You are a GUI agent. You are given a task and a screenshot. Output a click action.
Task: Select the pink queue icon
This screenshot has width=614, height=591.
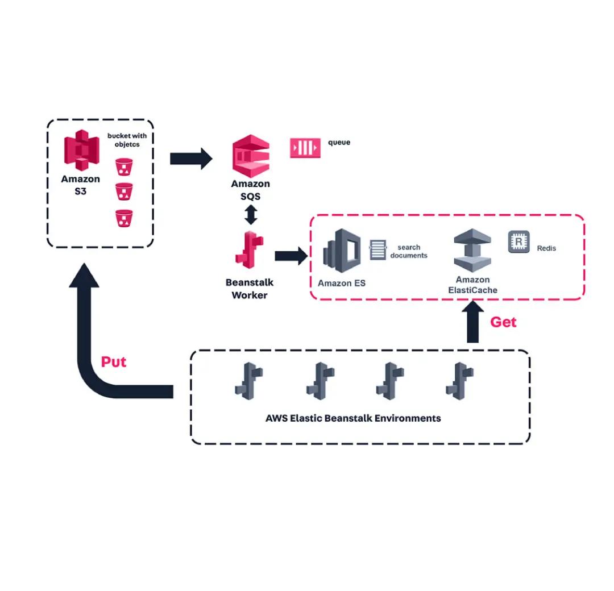point(305,148)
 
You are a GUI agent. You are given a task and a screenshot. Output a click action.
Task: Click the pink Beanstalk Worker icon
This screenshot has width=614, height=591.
point(250,249)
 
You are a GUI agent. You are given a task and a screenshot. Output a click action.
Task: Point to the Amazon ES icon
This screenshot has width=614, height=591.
point(341,252)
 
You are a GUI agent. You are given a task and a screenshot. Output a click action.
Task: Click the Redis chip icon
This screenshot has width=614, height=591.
point(518,242)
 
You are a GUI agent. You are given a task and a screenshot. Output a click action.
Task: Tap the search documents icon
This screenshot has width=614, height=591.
point(377,250)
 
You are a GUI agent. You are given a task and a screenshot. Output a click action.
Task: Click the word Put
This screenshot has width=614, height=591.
point(114,362)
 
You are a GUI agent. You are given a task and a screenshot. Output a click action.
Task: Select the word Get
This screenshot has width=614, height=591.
point(503,322)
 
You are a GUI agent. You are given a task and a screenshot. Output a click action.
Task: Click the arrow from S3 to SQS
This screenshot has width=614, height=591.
point(190,158)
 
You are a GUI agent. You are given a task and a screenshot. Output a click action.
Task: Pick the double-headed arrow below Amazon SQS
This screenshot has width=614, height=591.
point(251,214)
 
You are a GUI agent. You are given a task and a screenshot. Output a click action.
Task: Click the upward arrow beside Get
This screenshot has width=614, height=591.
point(472,323)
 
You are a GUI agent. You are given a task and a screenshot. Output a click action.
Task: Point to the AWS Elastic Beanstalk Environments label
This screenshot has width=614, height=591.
point(353,418)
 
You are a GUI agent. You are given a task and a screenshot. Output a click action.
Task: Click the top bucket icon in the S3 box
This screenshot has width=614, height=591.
point(123,167)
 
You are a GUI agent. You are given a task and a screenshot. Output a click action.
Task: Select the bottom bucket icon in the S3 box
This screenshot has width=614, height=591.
point(123,218)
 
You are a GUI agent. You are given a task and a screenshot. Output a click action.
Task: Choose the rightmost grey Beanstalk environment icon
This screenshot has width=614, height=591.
point(460,380)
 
